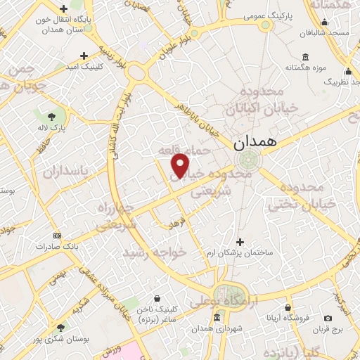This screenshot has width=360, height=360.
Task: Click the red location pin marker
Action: [181, 165]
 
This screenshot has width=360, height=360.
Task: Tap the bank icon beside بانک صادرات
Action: [57, 236]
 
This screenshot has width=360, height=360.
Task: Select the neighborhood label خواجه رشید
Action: [155, 251]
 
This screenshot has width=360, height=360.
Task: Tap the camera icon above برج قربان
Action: [328, 318]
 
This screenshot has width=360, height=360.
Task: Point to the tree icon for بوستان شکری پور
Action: [60, 327]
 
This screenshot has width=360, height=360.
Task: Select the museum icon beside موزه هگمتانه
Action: [304, 57]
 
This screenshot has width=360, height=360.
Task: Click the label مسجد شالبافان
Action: [331, 33]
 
